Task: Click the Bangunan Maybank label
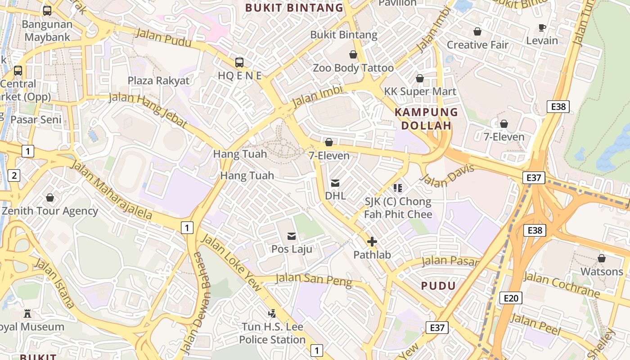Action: [x=47, y=31]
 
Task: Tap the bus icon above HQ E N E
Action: [x=239, y=63]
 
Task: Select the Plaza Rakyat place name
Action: [x=158, y=81]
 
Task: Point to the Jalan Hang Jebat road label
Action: [x=148, y=111]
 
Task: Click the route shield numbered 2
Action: [x=14, y=175]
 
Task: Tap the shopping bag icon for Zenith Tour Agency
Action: [x=50, y=198]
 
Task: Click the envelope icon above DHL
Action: [x=335, y=183]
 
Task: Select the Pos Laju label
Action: [x=292, y=249]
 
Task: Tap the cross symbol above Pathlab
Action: [x=372, y=242]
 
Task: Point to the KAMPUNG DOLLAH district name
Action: [x=426, y=119]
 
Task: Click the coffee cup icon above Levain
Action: [x=542, y=28]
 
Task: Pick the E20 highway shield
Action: [x=511, y=298]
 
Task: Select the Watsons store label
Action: [x=602, y=271]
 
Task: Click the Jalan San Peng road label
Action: [x=314, y=279]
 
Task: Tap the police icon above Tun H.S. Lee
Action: [x=272, y=313]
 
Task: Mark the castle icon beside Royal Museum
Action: [x=28, y=314]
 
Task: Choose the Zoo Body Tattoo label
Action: [x=353, y=68]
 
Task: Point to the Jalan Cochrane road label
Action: [x=561, y=284]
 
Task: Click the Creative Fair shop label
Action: [x=477, y=45]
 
